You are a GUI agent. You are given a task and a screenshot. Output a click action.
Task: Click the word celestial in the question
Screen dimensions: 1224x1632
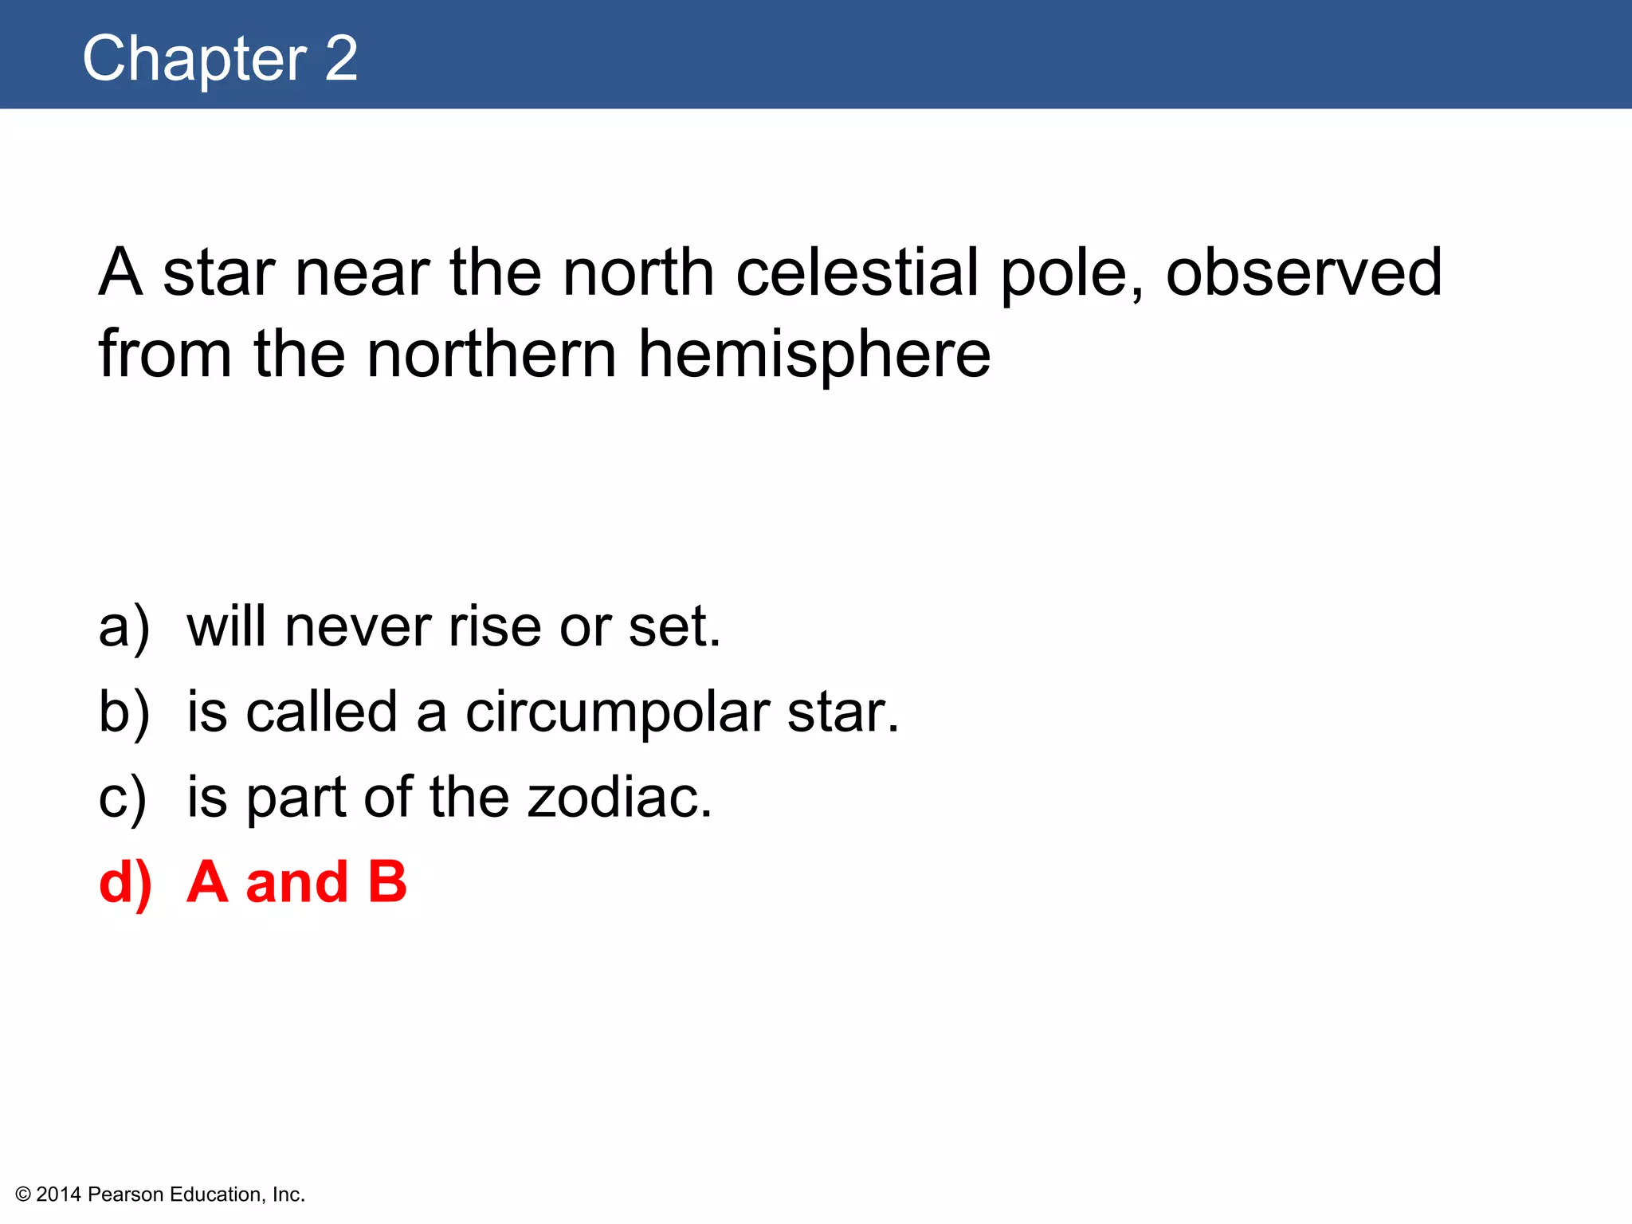(x=857, y=273)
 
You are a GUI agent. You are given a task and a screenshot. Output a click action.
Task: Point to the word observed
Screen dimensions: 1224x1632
(x=1304, y=273)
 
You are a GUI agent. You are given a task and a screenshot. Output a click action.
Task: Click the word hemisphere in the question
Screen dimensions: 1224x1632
(x=814, y=355)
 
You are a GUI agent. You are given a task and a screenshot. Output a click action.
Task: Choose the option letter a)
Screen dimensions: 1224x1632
(x=124, y=627)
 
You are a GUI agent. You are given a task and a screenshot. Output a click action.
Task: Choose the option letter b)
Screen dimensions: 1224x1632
(x=124, y=712)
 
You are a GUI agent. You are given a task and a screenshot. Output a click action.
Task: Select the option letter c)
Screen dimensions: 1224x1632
(x=122, y=798)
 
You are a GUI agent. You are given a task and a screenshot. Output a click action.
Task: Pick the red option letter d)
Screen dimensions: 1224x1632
(x=125, y=883)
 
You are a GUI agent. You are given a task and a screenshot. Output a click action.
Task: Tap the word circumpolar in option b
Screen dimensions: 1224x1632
(x=618, y=713)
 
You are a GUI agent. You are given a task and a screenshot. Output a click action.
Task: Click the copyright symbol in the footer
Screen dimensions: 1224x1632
(x=23, y=1195)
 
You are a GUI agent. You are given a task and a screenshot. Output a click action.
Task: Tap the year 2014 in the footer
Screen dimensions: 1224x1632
(x=59, y=1195)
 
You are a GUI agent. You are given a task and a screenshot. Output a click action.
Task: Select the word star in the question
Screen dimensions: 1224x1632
(x=219, y=273)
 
